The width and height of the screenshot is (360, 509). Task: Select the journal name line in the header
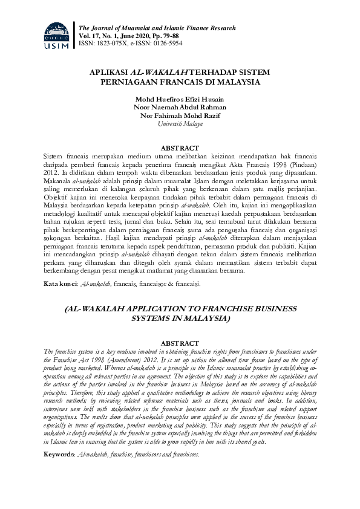[x=157, y=28]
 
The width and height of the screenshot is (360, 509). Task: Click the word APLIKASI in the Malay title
[x=108, y=72]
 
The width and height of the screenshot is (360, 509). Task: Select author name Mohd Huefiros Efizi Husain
[x=180, y=98]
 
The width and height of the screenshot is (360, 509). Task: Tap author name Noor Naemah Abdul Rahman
[x=180, y=107]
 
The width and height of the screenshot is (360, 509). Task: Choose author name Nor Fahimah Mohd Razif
[x=180, y=115]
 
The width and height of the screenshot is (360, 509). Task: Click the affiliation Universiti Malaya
[x=180, y=123]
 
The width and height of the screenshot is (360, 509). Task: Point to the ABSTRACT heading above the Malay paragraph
[x=180, y=148]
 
